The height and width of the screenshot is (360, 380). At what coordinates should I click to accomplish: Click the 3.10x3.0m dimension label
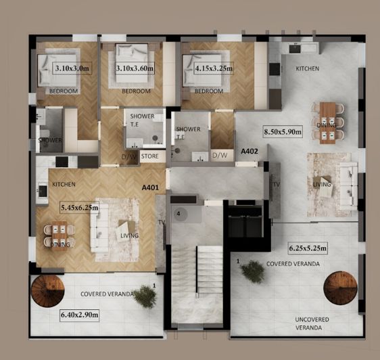72,68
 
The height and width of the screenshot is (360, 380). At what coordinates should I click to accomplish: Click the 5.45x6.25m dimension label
78,208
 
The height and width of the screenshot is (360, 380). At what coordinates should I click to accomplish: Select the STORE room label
150,157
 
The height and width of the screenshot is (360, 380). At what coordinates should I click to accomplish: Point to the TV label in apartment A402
276,185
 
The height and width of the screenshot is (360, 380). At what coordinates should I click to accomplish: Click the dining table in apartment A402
327,120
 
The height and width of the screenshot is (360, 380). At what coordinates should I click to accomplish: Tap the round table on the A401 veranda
46,293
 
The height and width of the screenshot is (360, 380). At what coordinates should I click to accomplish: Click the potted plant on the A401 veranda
145,296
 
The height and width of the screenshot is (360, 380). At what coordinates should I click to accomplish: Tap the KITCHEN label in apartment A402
308,69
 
